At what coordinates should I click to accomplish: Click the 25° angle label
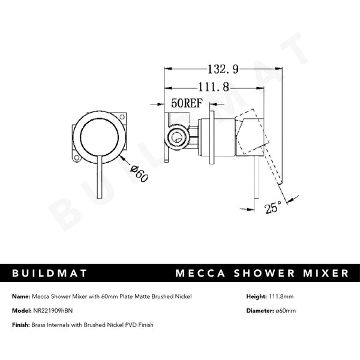coord(274,208)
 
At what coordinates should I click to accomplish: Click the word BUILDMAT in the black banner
coord(50,274)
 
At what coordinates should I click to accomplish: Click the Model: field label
coord(22,311)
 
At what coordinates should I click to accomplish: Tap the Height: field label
coord(257,296)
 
